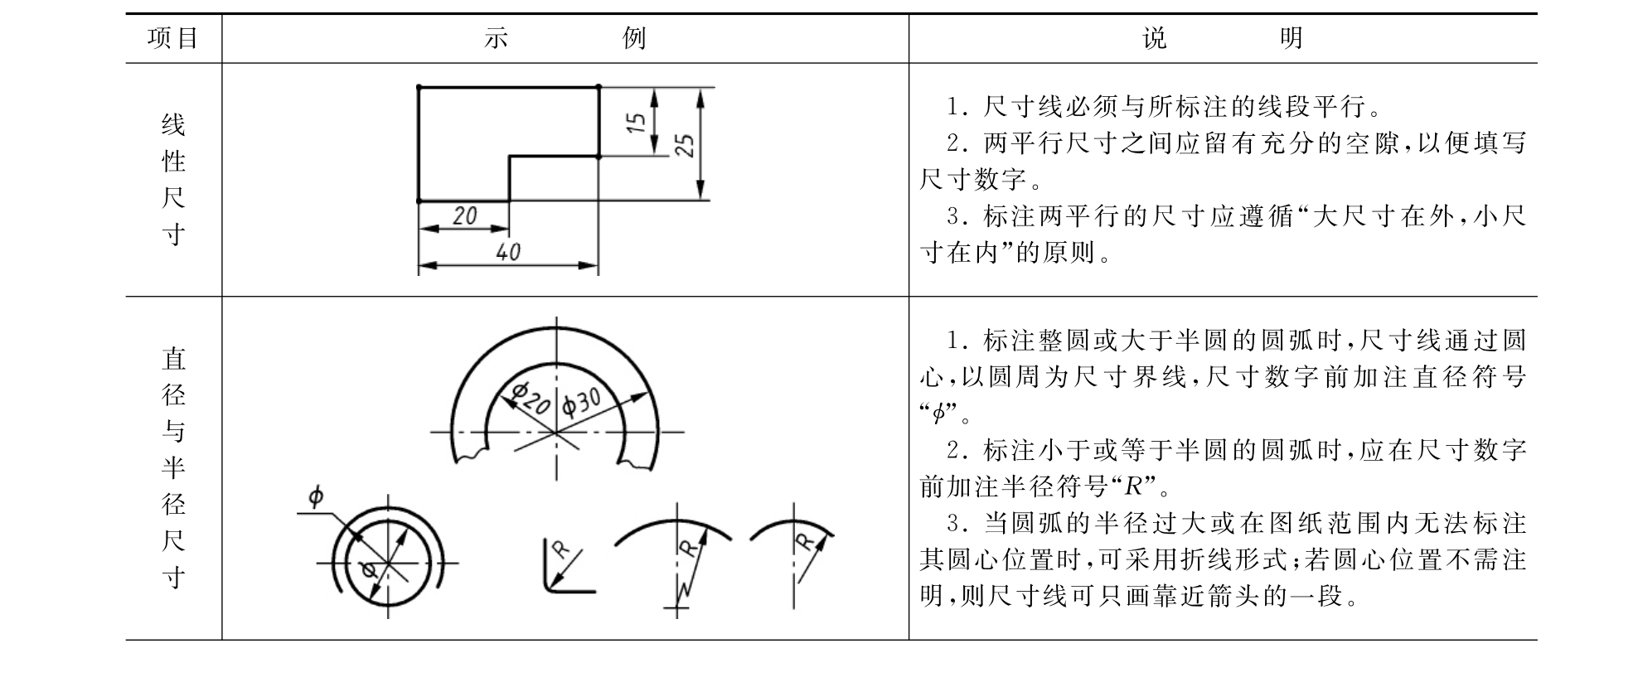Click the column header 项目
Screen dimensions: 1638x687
pyautogui.click(x=172, y=38)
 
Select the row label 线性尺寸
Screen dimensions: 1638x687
pyautogui.click(x=172, y=180)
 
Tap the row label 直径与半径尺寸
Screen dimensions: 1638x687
pyautogui.click(x=173, y=467)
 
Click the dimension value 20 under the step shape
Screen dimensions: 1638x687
pyautogui.click(x=465, y=215)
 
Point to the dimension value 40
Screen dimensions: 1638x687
pyautogui.click(x=508, y=251)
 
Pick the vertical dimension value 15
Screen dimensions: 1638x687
pyautogui.click(x=636, y=122)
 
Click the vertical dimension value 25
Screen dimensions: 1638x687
pyautogui.click(x=685, y=144)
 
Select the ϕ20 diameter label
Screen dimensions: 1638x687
pyautogui.click(x=531, y=398)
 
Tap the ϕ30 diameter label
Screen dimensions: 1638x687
pyautogui.click(x=581, y=403)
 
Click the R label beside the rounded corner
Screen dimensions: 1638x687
pyautogui.click(x=560, y=549)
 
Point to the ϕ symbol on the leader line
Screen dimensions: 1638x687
pyautogui.click(x=315, y=497)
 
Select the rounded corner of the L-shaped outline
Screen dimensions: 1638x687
pyautogui.click(x=550, y=587)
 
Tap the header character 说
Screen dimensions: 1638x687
pyautogui.click(x=1155, y=38)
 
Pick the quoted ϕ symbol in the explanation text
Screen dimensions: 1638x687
pyautogui.click(x=938, y=413)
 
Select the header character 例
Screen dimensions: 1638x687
pyautogui.click(x=633, y=38)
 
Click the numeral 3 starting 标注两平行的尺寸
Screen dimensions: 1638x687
pyautogui.click(x=954, y=216)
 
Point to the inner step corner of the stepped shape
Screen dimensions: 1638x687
pyautogui.click(x=509, y=156)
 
